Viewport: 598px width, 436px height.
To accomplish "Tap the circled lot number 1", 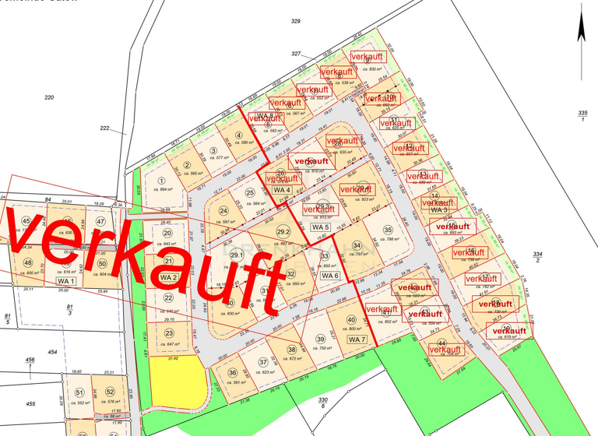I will pyautogui.click(x=162, y=181).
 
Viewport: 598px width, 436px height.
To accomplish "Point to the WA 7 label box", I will pyautogui.click(x=356, y=339).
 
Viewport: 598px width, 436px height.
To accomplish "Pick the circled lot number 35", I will pyautogui.click(x=387, y=230).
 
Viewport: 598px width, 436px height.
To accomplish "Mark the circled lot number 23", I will pyautogui.click(x=168, y=333).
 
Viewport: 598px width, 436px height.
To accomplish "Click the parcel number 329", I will pyautogui.click(x=295, y=21).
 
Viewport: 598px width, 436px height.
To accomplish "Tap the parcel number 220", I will pyautogui.click(x=49, y=97).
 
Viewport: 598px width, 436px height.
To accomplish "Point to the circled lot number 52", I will pyautogui.click(x=110, y=392).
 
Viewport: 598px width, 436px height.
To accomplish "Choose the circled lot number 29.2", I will pyautogui.click(x=283, y=231).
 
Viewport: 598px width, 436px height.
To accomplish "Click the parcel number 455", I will pyautogui.click(x=30, y=404).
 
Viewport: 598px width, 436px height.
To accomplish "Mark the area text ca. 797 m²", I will pyautogui.click(x=357, y=253).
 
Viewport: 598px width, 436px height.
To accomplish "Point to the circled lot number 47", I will pyautogui.click(x=100, y=221).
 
